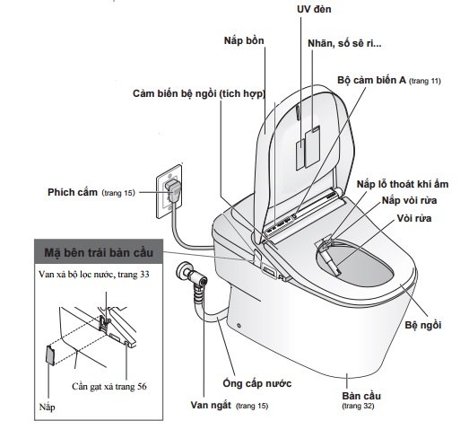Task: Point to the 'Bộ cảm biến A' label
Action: [387, 81]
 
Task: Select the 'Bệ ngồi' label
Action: [423, 323]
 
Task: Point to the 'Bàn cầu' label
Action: [360, 395]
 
